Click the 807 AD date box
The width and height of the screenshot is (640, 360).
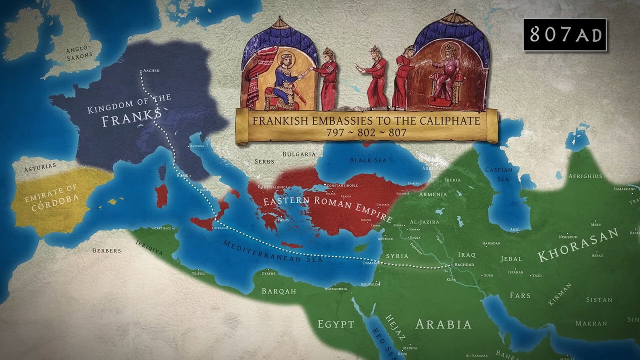pyautogui.click(x=564, y=34)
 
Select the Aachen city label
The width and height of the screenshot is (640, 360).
pyautogui.click(x=151, y=70)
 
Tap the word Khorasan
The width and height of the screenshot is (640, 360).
pyautogui.click(x=577, y=247)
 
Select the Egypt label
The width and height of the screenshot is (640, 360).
pyautogui.click(x=336, y=324)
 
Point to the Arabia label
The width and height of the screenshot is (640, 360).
pyautogui.click(x=443, y=324)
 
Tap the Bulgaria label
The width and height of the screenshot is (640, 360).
pyautogui.click(x=299, y=154)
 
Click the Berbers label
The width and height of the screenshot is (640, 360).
pyautogui.click(x=106, y=250)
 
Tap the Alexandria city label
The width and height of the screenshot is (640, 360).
pyautogui.click(x=336, y=289)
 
